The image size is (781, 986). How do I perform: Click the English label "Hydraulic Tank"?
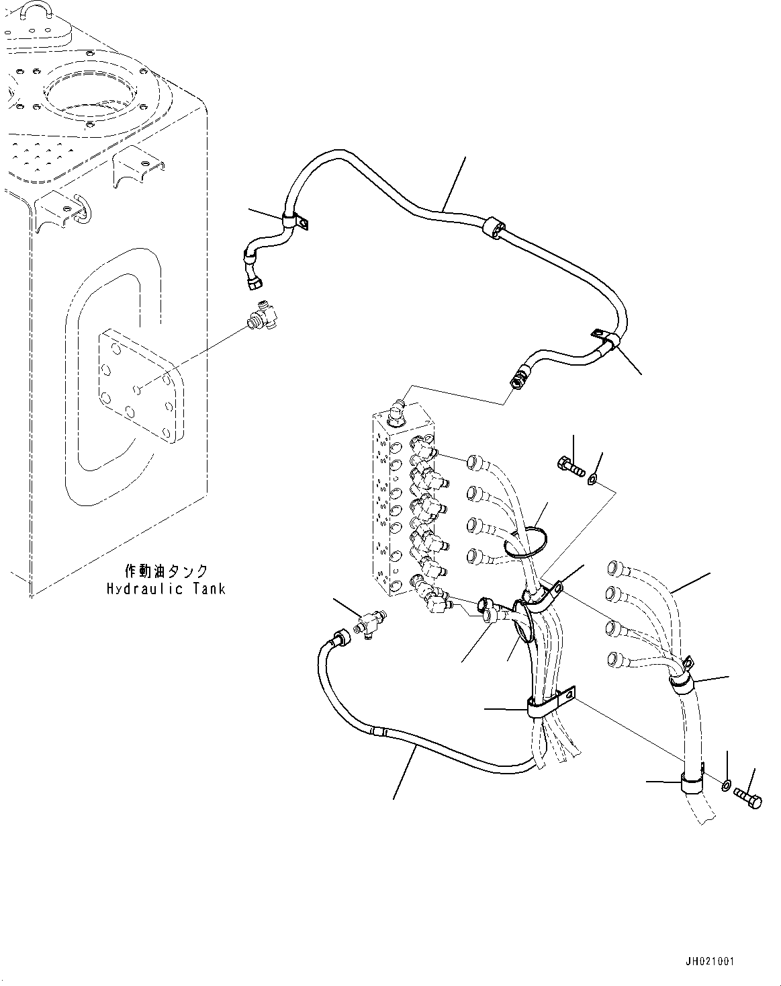click(165, 589)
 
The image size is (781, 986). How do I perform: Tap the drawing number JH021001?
click(710, 962)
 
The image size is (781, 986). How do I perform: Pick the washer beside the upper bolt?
click(592, 480)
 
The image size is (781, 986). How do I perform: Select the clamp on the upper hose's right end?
click(606, 341)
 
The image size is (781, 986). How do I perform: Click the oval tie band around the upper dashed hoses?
click(525, 542)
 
